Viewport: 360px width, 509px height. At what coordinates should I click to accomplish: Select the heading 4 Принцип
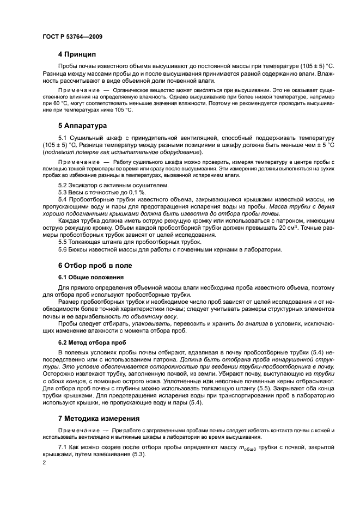pos(77,54)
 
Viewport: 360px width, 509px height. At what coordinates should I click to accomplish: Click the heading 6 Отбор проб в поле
pos(95,266)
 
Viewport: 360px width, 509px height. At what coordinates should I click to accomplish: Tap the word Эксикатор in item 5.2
pos(83,186)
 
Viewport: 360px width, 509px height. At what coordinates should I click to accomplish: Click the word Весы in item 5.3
pos(77,193)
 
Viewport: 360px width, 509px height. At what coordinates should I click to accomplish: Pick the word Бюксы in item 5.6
pos(80,249)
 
